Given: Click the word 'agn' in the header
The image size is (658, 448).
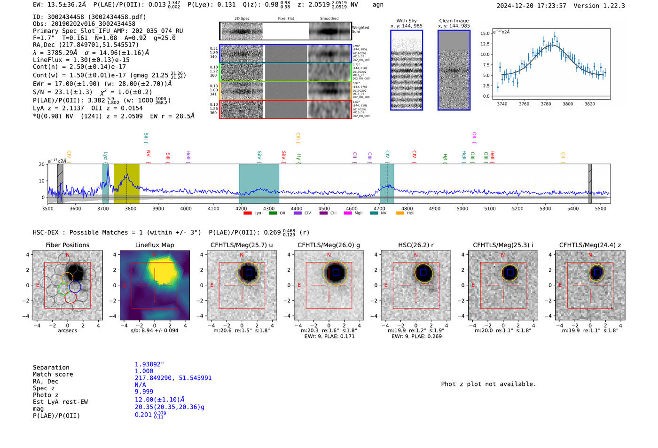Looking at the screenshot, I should pyautogui.click(x=378, y=5).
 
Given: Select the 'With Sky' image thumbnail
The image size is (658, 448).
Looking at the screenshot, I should pyautogui.click(x=407, y=70).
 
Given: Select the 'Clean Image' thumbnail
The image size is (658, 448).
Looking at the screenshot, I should pyautogui.click(x=454, y=70).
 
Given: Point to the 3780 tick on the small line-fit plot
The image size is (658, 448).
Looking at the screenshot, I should pyautogui.click(x=546, y=104).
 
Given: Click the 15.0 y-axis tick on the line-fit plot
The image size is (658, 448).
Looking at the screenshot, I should pyautogui.click(x=485, y=33).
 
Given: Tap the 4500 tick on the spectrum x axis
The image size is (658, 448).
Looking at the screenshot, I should pyautogui.click(x=324, y=208).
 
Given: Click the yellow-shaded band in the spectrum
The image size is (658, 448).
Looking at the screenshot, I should pyautogui.click(x=126, y=183).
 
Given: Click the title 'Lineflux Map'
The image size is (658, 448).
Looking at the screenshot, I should pyautogui.click(x=154, y=245).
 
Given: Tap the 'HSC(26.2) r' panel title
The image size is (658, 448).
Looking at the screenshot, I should pyautogui.click(x=415, y=245).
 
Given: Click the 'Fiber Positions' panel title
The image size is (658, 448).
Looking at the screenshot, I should pyautogui.click(x=67, y=245).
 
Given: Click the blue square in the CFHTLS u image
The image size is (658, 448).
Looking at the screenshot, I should pyautogui.click(x=249, y=272).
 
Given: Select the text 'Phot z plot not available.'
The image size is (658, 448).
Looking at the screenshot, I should pyautogui.click(x=488, y=384).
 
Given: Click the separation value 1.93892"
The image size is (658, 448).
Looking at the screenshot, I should pyautogui.click(x=149, y=364).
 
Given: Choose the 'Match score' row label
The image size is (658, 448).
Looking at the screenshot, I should pyautogui.click(x=53, y=374).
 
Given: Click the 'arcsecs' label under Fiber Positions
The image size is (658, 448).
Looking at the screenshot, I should pyautogui.click(x=67, y=330).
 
